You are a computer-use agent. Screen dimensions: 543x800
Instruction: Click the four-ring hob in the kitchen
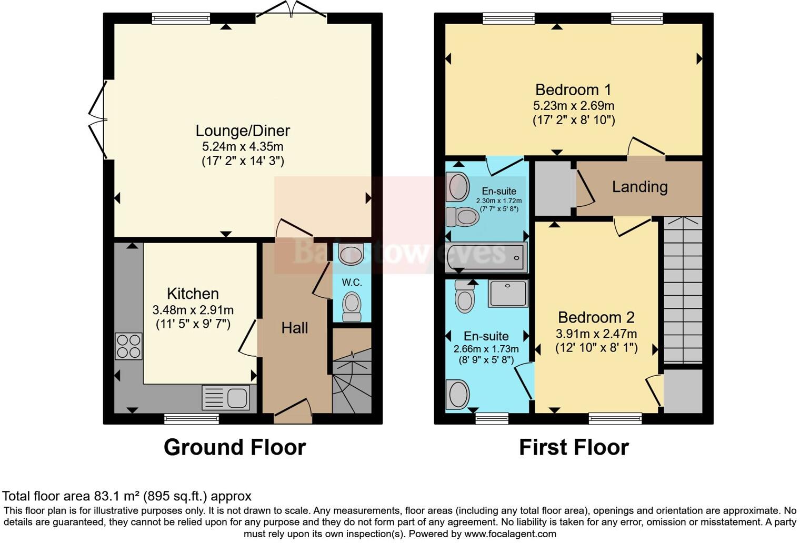click(128, 346)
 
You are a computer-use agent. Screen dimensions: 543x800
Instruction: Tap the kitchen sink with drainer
click(225, 398)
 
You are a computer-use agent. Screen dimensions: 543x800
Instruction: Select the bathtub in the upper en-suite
click(485, 257)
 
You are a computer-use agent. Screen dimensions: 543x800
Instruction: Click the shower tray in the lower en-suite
click(507, 293)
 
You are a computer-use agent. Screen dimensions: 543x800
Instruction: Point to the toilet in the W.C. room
click(352, 306)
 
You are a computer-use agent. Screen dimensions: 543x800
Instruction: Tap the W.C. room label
click(352, 283)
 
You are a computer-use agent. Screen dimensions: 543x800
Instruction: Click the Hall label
click(294, 328)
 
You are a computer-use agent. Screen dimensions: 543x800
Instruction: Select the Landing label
click(639, 187)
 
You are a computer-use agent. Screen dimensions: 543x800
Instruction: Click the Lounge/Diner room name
click(243, 130)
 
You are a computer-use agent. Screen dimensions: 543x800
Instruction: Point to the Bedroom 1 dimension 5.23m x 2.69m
click(573, 105)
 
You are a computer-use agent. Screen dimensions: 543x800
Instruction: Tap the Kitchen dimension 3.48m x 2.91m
click(193, 310)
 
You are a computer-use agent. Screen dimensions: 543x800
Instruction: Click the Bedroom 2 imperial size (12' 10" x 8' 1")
click(596, 348)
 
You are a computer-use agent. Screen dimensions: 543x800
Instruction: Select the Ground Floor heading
click(235, 447)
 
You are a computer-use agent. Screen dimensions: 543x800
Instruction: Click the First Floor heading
click(574, 447)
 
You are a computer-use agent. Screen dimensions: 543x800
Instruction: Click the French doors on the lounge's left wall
click(97, 119)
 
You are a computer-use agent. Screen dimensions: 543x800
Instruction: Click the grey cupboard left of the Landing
click(553, 188)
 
